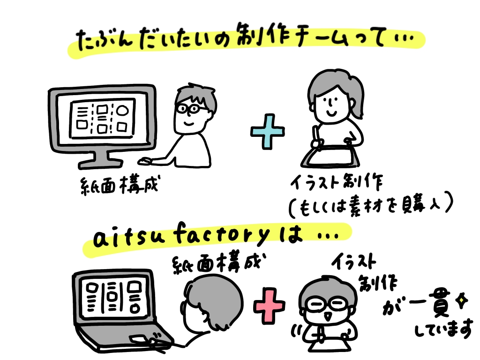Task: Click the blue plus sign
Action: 268,132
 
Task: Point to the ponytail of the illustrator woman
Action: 357,100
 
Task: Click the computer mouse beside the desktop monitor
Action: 146,161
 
